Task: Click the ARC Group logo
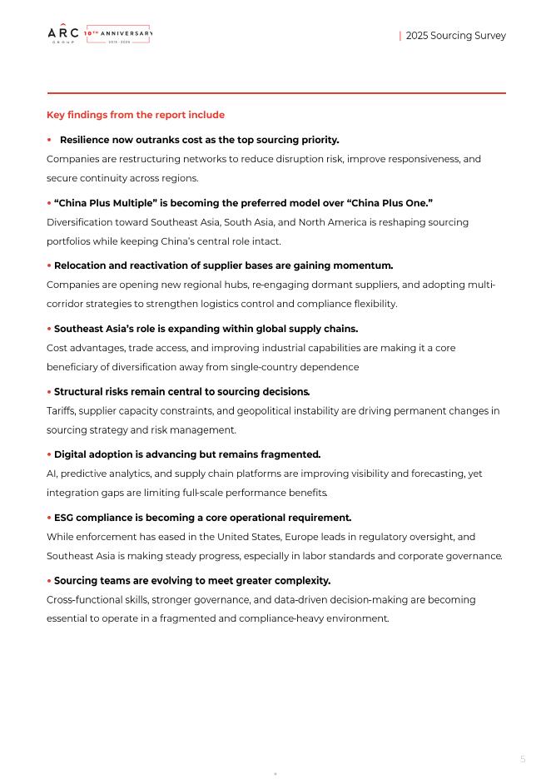point(63,34)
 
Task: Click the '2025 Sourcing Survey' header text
point(455,36)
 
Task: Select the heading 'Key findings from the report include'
point(136,115)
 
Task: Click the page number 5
point(523,759)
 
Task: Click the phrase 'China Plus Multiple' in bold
point(106,203)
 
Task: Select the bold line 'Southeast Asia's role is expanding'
point(206,329)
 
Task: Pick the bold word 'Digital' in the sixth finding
point(72,454)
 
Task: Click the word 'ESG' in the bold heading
point(64,518)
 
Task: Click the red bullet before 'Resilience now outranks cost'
point(49,140)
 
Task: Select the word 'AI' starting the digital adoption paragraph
point(52,474)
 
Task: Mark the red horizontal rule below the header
point(276,93)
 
